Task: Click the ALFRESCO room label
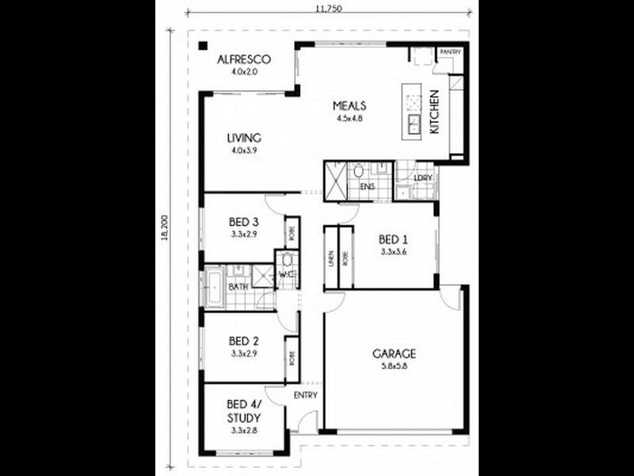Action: point(246,59)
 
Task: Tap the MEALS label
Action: point(348,105)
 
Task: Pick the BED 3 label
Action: point(244,221)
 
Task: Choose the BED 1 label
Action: point(393,239)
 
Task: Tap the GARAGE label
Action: point(394,354)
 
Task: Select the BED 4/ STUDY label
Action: point(244,409)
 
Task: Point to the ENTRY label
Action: point(306,395)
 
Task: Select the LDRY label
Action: point(423,178)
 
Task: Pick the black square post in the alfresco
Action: point(204,47)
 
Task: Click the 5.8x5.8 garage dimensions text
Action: point(394,367)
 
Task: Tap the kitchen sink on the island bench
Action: point(413,122)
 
